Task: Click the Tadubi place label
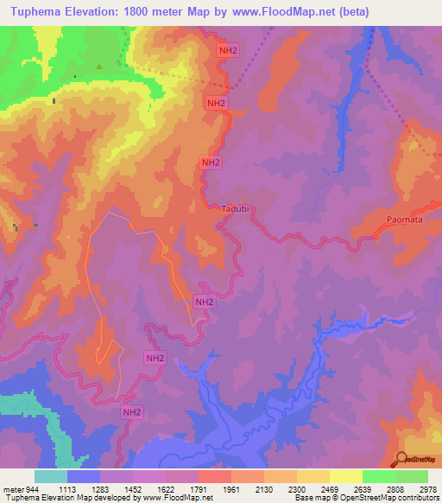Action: [x=235, y=209]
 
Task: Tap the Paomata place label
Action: [x=404, y=220]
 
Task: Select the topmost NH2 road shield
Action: [x=226, y=51]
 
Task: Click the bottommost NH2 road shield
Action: [x=130, y=414]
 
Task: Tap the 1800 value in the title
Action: [x=157, y=12]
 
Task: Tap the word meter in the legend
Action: [x=14, y=489]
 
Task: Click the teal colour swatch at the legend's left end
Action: [x=50, y=476]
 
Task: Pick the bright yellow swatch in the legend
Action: [x=345, y=476]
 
